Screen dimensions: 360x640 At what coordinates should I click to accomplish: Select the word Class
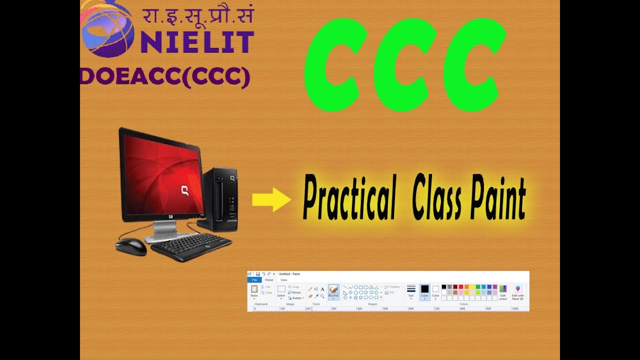(x=437, y=199)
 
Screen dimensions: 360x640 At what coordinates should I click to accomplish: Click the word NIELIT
(x=197, y=42)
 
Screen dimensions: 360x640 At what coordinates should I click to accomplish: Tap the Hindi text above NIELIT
(x=198, y=15)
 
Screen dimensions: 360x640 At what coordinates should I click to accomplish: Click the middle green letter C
(x=403, y=64)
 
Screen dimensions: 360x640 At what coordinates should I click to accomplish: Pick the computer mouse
(x=131, y=246)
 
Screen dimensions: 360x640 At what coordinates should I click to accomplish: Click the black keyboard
(x=191, y=246)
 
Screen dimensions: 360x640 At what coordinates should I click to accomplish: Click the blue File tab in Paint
(x=254, y=280)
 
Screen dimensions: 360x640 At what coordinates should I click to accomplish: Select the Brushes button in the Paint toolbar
(x=333, y=291)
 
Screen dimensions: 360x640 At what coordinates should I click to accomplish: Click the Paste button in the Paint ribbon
(x=254, y=291)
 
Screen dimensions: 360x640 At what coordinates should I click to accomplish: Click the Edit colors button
(x=503, y=292)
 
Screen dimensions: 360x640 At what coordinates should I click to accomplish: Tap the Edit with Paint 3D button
(x=518, y=292)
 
